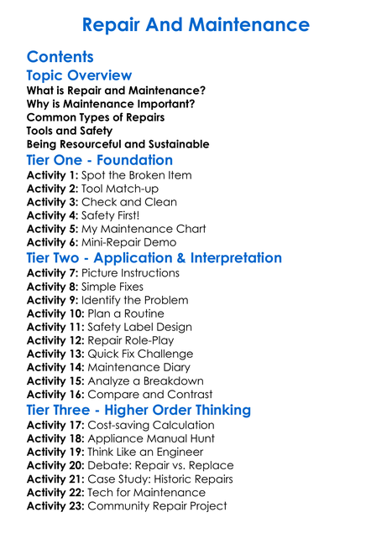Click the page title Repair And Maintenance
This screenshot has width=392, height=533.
click(x=196, y=24)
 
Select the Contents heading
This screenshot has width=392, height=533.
click(x=60, y=58)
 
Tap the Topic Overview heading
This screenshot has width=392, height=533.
click(x=79, y=76)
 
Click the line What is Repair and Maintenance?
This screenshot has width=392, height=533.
click(x=116, y=91)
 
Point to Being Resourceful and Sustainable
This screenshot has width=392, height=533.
click(x=118, y=144)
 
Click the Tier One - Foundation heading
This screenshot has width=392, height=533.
click(x=100, y=160)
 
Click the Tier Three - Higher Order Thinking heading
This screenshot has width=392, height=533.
click(x=139, y=410)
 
